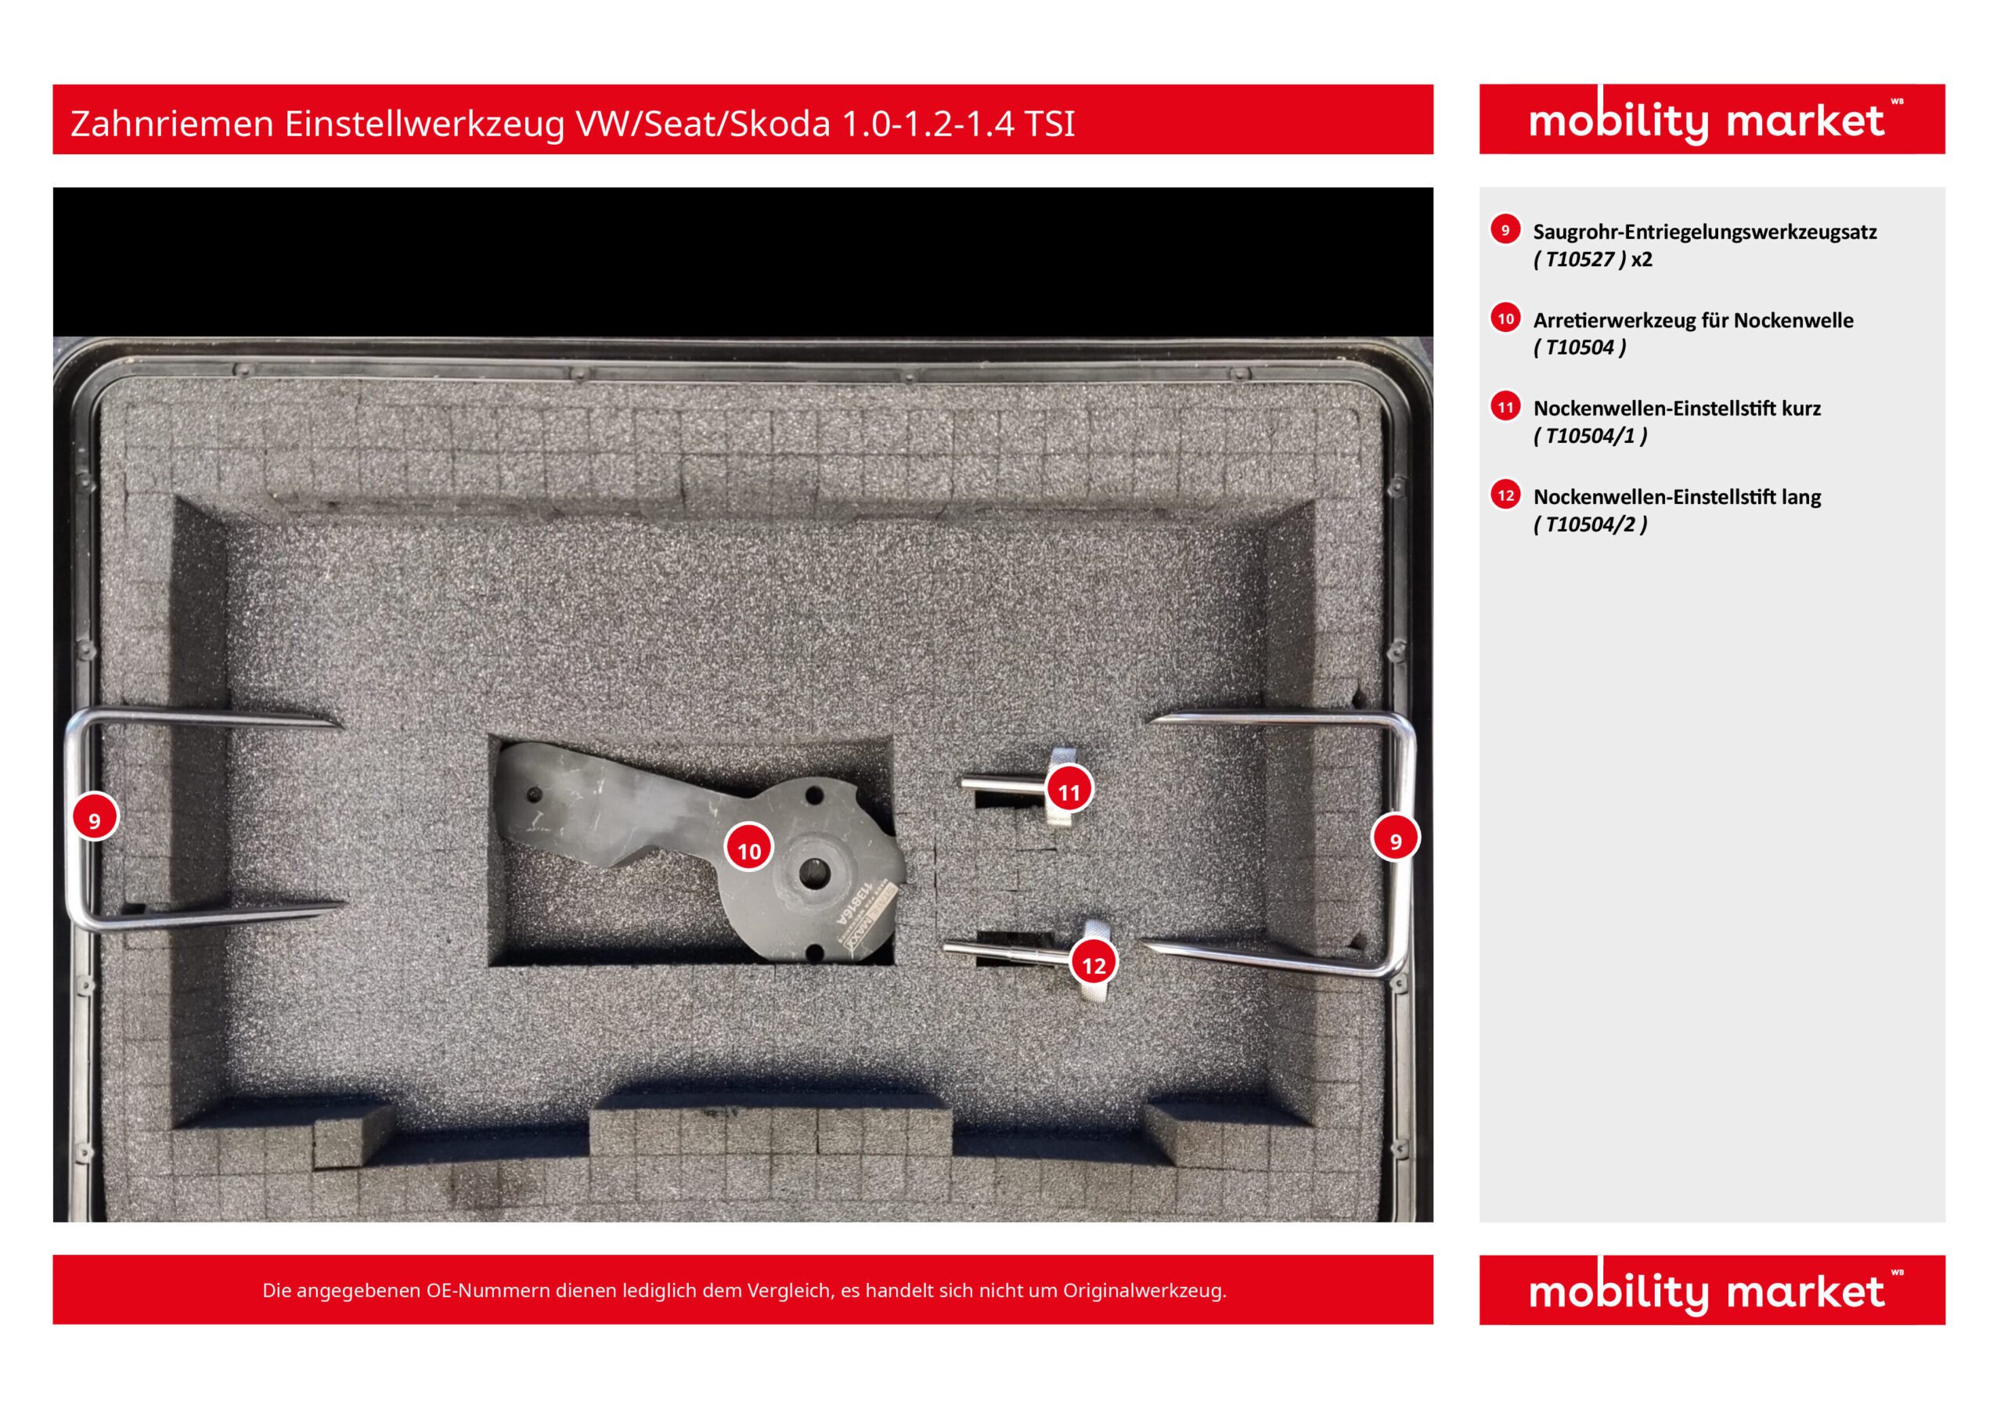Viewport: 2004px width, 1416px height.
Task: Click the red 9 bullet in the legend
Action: [x=1505, y=229]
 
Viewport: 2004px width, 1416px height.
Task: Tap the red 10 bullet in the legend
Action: [x=1505, y=318]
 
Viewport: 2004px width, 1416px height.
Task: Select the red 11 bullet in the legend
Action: [x=1505, y=406]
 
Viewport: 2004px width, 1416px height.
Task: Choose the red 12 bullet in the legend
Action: [x=1505, y=494]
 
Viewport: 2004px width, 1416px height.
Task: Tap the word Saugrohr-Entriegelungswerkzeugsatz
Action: [x=1705, y=232]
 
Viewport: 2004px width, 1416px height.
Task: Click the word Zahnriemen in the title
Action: [x=172, y=123]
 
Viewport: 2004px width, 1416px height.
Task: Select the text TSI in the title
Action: [x=1049, y=123]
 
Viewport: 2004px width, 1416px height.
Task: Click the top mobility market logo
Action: [x=1711, y=120]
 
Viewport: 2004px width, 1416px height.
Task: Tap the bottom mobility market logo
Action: [x=1711, y=1289]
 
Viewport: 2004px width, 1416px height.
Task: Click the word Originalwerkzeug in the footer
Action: [x=1144, y=1290]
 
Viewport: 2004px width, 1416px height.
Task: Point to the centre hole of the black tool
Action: [x=813, y=872]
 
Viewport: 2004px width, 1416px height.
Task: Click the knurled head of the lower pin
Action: [x=1095, y=960]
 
